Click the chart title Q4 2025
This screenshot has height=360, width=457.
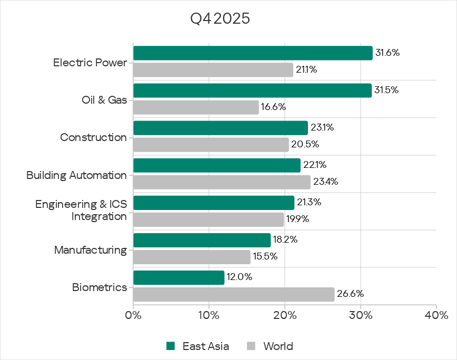[220, 19]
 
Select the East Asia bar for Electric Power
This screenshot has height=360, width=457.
[253, 53]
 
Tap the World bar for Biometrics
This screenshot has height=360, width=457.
[234, 294]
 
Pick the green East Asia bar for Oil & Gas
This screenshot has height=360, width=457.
[252, 91]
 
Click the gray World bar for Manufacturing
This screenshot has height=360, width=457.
[192, 257]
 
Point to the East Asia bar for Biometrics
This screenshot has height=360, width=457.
[178, 277]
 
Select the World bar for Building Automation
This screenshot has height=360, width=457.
[222, 182]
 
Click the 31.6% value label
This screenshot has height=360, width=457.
[387, 53]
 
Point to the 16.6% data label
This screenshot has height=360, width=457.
[274, 107]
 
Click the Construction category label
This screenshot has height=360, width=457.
[93, 137]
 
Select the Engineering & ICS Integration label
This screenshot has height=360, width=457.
[81, 210]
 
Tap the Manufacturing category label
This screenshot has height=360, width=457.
[91, 249]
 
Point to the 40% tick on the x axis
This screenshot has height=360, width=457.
[436, 316]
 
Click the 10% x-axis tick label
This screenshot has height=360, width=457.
[208, 316]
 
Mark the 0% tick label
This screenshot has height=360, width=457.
[133, 316]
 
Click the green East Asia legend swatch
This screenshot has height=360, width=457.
[170, 346]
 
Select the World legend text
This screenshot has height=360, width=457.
[278, 346]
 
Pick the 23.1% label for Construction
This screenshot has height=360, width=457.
[322, 127]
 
